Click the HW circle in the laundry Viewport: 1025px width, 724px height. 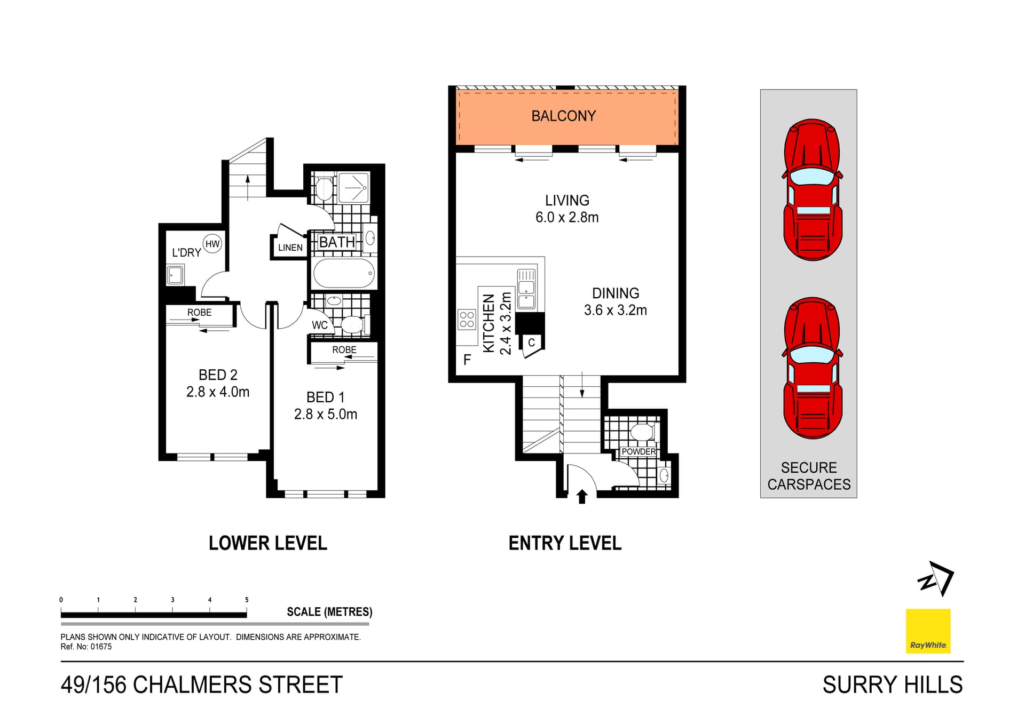(x=212, y=244)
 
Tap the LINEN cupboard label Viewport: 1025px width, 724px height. (x=290, y=248)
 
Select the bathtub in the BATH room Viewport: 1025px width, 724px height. (x=344, y=273)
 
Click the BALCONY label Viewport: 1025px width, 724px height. (x=563, y=116)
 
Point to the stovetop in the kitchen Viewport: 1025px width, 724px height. (x=467, y=320)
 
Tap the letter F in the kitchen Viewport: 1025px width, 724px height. (x=467, y=360)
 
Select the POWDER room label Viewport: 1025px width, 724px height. (x=638, y=451)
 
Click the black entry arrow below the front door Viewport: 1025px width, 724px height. (x=582, y=497)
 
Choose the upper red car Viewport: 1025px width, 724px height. (x=812, y=190)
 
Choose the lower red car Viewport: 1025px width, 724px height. (x=812, y=368)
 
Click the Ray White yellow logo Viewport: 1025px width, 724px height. (x=928, y=631)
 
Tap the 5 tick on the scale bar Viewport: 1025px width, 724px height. (x=247, y=600)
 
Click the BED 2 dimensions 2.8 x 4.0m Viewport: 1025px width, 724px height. (x=218, y=392)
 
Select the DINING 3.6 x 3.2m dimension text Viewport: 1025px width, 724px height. (x=615, y=310)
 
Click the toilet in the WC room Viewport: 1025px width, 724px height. (x=352, y=324)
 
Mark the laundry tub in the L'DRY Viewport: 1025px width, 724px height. (x=175, y=276)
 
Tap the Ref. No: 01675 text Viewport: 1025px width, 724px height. (x=86, y=647)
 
